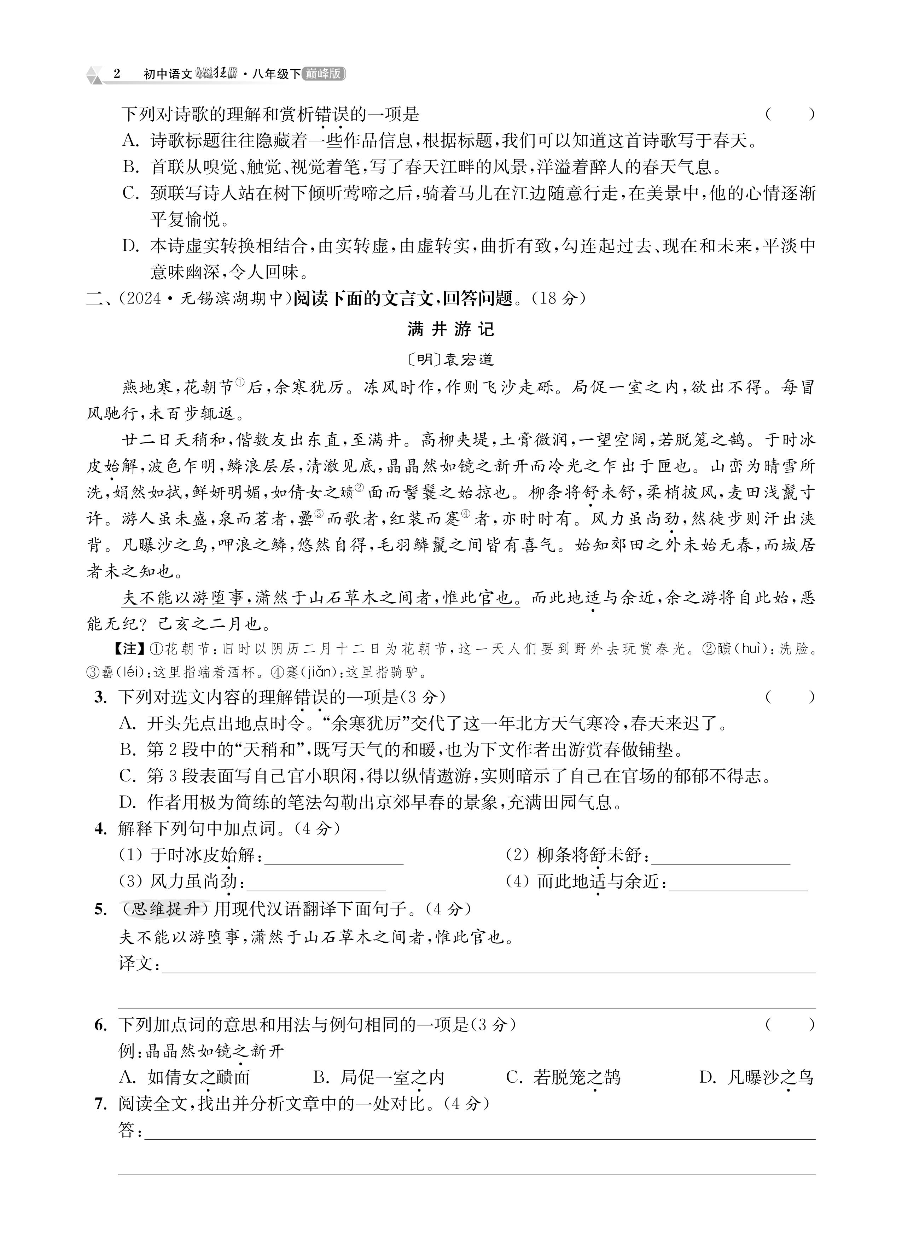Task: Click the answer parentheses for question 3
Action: tap(790, 697)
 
